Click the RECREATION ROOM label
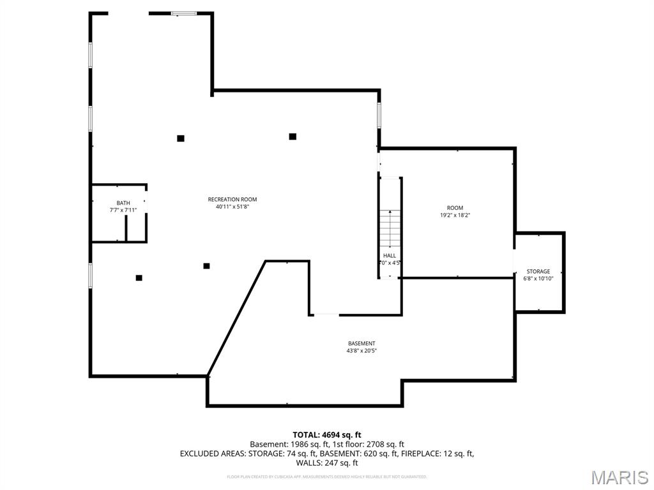point(232,199)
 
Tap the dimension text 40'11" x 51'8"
point(232,207)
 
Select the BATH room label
point(123,203)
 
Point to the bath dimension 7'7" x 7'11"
point(123,210)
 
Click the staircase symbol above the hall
point(390,226)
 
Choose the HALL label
point(390,255)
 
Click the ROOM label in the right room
point(455,208)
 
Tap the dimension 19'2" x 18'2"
point(455,215)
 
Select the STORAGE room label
point(538,271)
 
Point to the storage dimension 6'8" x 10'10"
point(538,279)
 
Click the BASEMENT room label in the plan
point(361,343)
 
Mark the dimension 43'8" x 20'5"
point(361,350)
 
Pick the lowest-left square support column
point(139,278)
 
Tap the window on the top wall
point(184,13)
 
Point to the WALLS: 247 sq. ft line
point(327,463)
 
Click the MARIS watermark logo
point(620,477)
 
